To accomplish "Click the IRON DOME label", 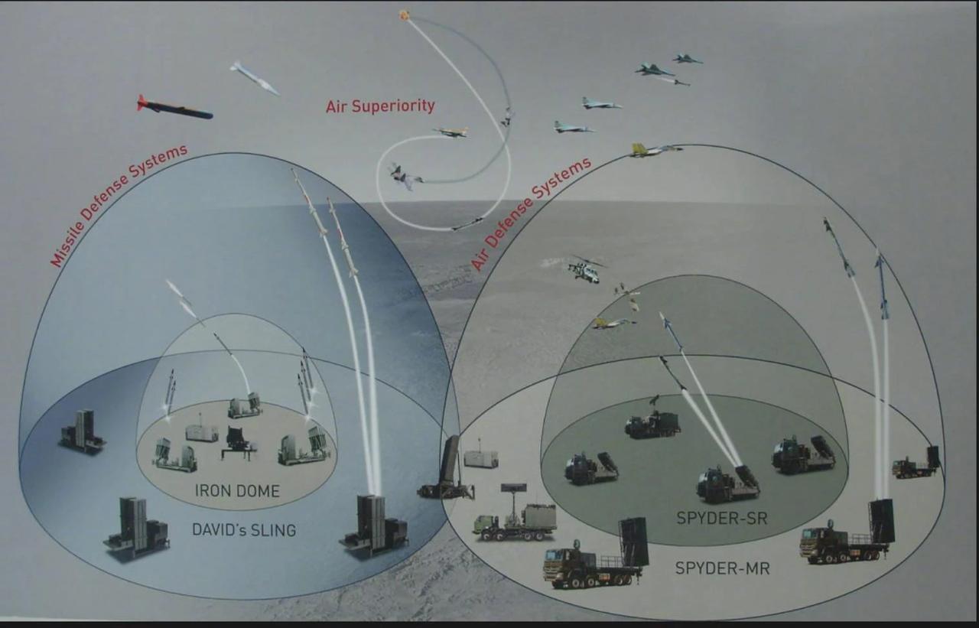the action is click(236, 492).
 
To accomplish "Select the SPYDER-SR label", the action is click(721, 519).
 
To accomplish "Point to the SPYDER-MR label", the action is click(722, 568).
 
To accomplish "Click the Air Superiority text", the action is click(380, 106).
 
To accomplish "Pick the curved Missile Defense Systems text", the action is click(119, 205).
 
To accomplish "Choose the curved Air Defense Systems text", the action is click(531, 213).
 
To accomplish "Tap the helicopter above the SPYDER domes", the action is click(585, 269).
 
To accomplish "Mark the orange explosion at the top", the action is click(405, 15).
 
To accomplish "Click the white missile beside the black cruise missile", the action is click(255, 78).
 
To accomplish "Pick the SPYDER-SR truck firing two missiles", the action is click(727, 483).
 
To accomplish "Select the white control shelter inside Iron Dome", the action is click(202, 433).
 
